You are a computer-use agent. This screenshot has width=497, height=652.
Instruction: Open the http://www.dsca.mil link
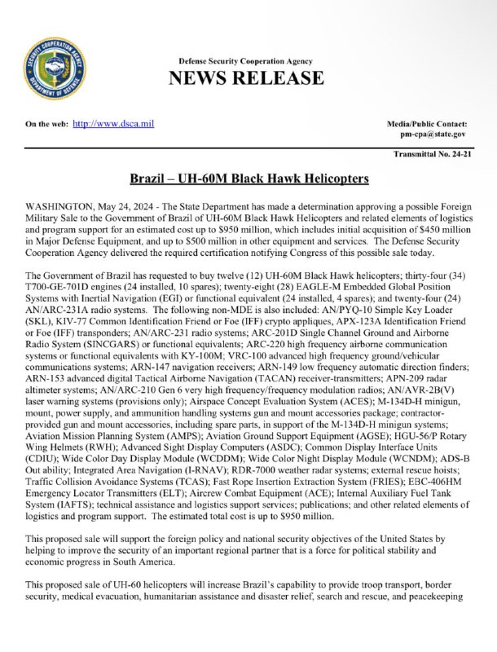(x=113, y=123)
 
